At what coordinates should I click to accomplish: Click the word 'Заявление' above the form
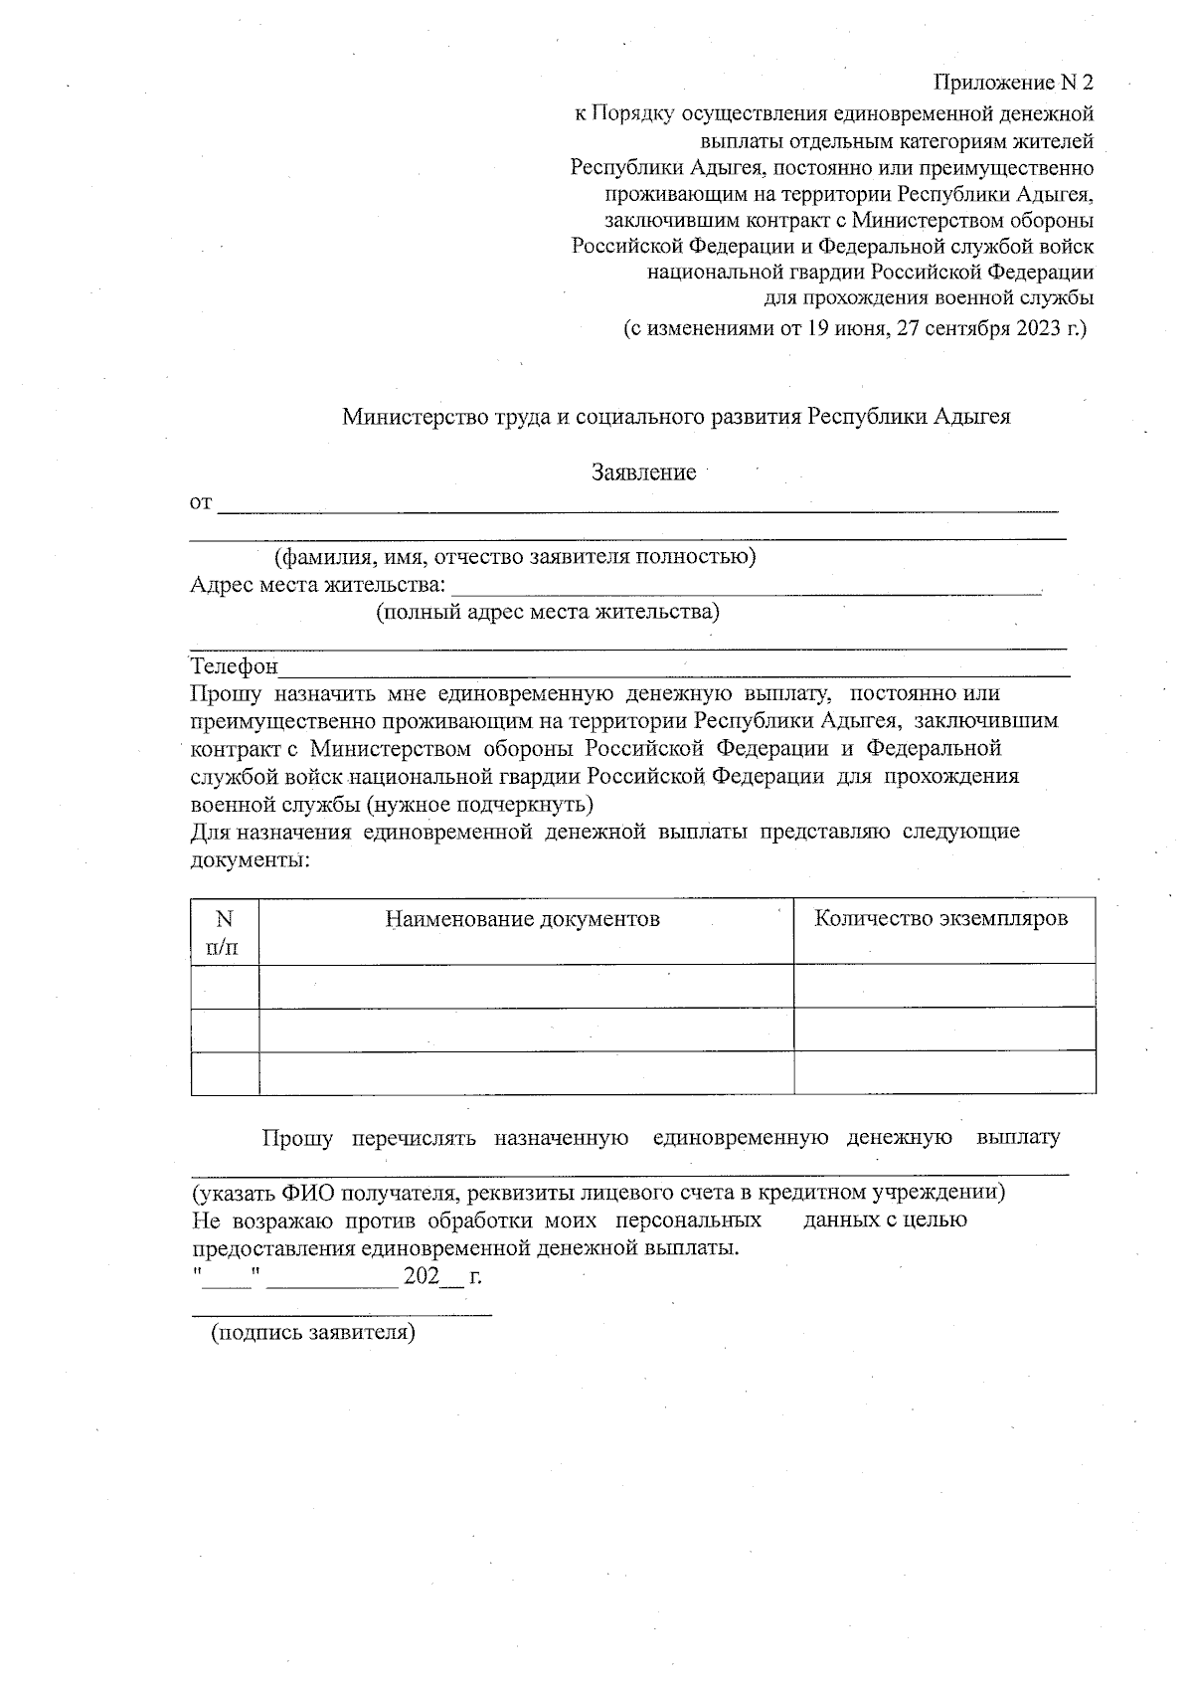point(643,472)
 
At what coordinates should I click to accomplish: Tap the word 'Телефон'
point(235,665)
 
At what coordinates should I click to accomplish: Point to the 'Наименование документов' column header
point(523,919)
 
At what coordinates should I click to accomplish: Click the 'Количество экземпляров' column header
point(941,918)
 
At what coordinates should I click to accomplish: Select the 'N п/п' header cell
point(225,932)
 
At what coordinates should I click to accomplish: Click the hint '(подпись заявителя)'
point(312,1332)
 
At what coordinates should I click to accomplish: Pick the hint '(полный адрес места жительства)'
point(547,612)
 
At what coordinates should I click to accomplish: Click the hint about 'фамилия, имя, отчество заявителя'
point(515,556)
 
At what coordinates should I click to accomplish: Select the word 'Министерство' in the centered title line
point(412,417)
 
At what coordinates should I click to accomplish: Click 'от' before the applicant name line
point(201,503)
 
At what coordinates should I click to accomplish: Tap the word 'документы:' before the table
point(250,858)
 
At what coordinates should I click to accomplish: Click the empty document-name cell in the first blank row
point(526,987)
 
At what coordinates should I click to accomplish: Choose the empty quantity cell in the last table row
point(944,1073)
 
